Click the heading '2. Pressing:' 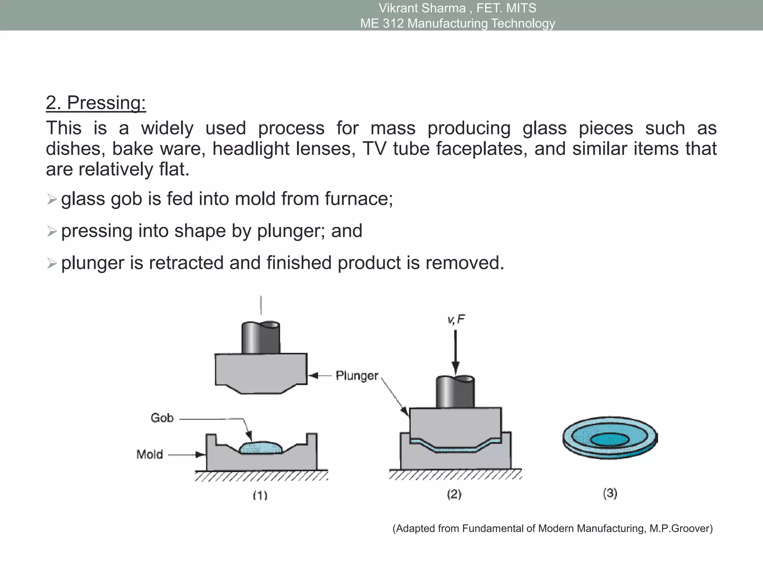(x=96, y=103)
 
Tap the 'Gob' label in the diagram (x=162, y=418)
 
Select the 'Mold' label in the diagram (x=149, y=454)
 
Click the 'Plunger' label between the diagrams (x=357, y=375)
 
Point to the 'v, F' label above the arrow (x=456, y=320)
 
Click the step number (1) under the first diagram (x=260, y=495)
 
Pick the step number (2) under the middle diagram (x=454, y=494)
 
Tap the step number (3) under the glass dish (x=610, y=493)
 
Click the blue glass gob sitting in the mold (x=261, y=448)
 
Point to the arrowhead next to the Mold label (x=200, y=455)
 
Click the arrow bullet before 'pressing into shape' (x=52, y=232)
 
